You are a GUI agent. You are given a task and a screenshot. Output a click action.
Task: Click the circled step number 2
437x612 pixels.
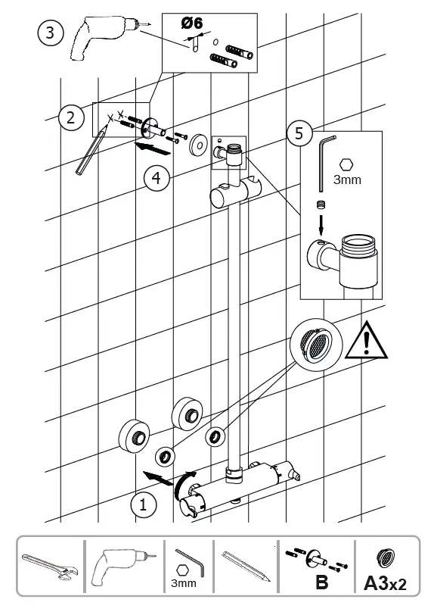click(70, 117)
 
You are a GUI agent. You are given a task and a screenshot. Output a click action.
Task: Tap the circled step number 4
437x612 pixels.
click(155, 179)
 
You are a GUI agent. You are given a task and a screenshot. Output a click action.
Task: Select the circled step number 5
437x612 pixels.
click(299, 134)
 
